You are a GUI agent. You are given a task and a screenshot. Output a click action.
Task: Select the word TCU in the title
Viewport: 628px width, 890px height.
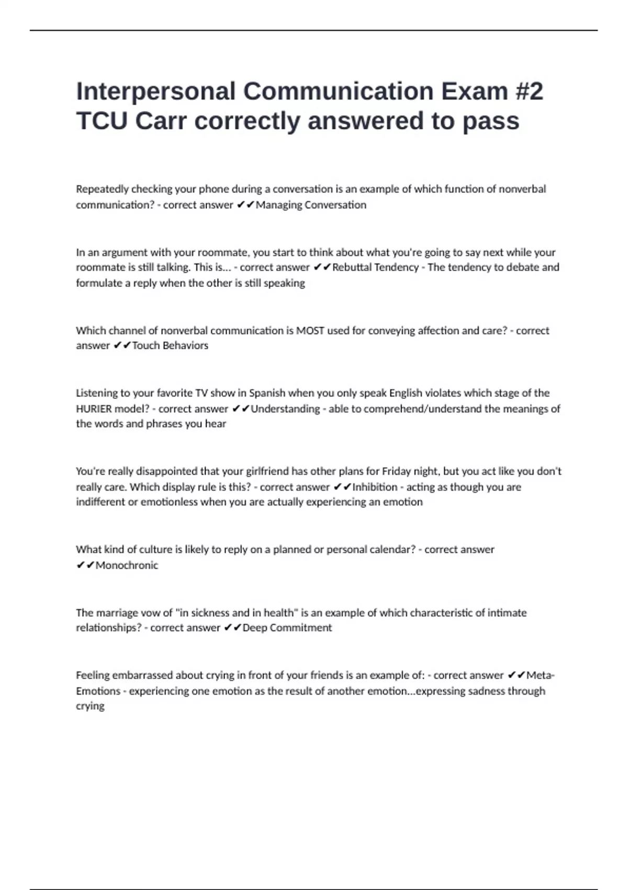pos(102,121)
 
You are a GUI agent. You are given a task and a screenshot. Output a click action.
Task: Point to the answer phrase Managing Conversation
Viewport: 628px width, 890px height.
pos(311,205)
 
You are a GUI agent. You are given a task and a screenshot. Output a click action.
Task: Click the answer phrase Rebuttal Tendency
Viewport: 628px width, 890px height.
pos(375,267)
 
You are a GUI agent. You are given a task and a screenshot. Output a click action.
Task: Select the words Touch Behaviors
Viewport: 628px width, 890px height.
pos(170,346)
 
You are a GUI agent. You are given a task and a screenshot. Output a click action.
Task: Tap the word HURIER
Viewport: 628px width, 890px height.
pos(94,408)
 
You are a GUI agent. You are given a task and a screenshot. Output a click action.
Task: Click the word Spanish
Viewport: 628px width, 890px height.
pos(267,393)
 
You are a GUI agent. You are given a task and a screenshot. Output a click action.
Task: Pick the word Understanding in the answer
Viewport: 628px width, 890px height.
pos(285,408)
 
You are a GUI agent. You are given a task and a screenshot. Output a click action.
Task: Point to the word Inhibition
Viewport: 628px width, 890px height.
pos(375,487)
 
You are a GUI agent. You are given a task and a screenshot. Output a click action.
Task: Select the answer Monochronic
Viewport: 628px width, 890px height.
pos(127,565)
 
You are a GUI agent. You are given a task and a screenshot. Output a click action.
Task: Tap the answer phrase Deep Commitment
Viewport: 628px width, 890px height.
pos(287,628)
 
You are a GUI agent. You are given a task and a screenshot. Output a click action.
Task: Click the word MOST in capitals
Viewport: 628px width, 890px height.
pos(310,330)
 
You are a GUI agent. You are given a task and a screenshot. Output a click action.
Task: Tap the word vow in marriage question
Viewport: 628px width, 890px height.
pos(149,613)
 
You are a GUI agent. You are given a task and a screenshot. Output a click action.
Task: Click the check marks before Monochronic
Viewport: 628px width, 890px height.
pos(85,565)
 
